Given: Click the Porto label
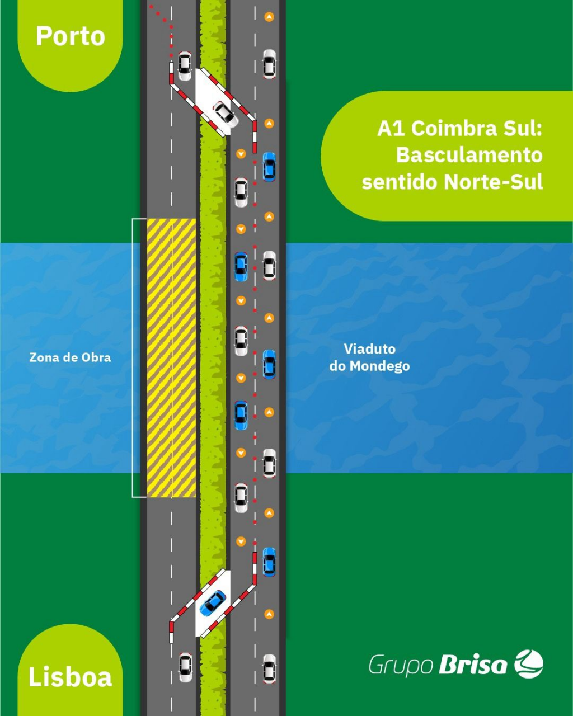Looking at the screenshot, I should [x=71, y=36].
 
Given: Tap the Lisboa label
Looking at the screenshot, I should [x=71, y=677].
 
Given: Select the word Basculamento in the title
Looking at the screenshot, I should [x=469, y=155].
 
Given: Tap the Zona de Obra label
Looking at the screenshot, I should [x=70, y=357].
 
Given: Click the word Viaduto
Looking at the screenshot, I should [x=369, y=349].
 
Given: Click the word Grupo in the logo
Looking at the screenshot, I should [x=401, y=666].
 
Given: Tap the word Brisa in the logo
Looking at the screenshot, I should [x=473, y=665].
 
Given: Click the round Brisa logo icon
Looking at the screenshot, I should [x=529, y=664].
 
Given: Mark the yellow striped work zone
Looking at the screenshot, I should [x=171, y=357].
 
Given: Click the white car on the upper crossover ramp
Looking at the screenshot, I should [x=226, y=114].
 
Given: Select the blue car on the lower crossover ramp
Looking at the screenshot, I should [x=213, y=602].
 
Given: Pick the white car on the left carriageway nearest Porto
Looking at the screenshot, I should [x=184, y=65].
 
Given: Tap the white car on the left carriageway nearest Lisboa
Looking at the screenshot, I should [x=185, y=667].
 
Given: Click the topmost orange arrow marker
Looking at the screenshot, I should [x=269, y=17].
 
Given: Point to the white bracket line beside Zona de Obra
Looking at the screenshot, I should [x=133, y=357].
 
